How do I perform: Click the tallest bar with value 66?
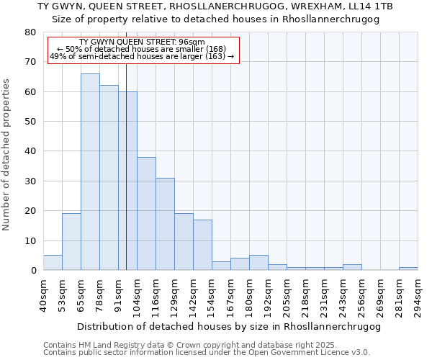tap(90, 172)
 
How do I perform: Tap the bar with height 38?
tap(146, 214)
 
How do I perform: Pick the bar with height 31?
tap(165, 224)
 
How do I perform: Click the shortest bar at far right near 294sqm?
tap(408, 269)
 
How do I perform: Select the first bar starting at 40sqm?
tap(53, 263)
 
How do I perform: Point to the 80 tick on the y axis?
tap(31, 32)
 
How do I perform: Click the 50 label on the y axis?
tap(31, 122)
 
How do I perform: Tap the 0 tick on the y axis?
tap(33, 271)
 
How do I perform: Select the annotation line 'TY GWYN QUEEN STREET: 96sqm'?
tap(142, 42)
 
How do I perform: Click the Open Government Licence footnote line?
tap(207, 353)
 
